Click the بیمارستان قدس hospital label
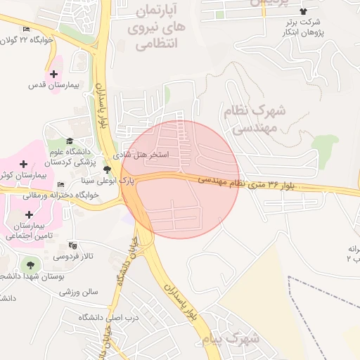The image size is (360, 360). [46, 85]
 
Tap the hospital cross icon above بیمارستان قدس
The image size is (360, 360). [53, 74]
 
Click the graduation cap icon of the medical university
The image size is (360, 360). [69, 141]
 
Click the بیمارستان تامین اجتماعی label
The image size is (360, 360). [28, 231]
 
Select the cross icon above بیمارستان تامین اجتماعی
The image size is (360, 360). [28, 214]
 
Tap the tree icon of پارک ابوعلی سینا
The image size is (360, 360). [107, 169]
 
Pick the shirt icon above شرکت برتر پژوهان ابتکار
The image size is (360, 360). [304, 11]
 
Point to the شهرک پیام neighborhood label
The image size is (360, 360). [240, 338]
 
